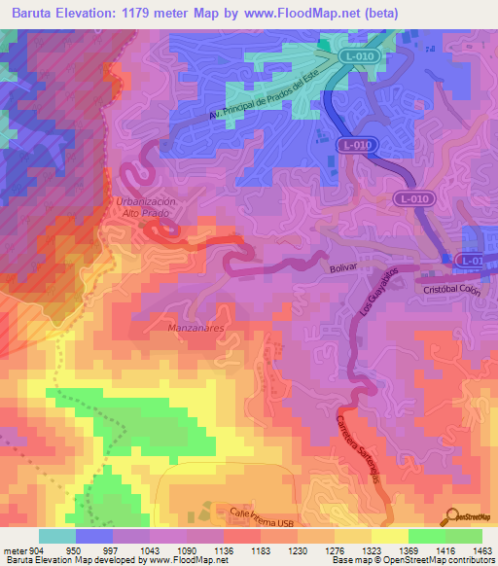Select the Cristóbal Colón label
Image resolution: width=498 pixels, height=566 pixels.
coord(452,290)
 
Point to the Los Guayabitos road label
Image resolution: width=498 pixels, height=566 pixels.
coord(375,287)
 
